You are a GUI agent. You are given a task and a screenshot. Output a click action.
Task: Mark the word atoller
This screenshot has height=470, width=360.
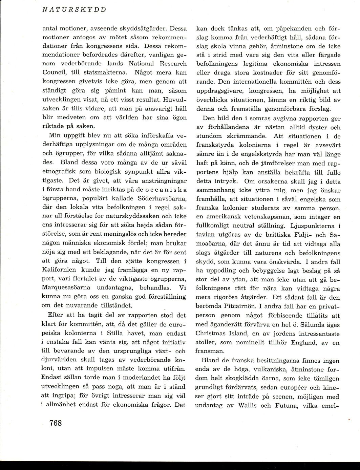208,342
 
